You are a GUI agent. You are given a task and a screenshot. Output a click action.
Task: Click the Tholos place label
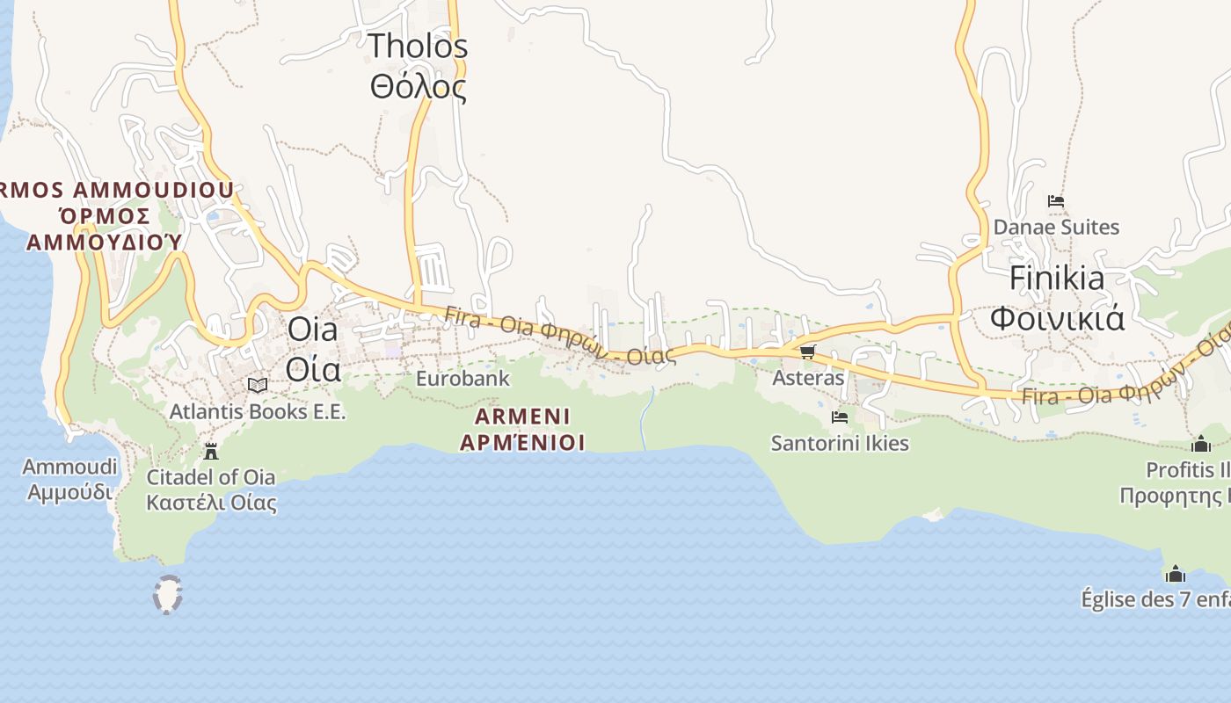coord(418,46)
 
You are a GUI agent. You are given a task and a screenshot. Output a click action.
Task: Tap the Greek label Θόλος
coord(418,87)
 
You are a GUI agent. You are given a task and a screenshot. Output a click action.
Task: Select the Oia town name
coord(313,330)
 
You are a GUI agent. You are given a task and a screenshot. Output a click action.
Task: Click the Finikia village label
coord(1057,278)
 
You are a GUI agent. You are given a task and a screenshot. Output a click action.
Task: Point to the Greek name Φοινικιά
coord(1057,317)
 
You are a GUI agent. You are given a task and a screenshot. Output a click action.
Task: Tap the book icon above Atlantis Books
coord(258,385)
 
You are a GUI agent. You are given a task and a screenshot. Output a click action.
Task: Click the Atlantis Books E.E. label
coord(258,411)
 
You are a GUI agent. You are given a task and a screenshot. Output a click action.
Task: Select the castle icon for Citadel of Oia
coord(211,452)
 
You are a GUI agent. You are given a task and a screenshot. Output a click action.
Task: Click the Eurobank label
coord(463,379)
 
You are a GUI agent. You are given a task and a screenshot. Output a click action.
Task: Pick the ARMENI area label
coord(522,416)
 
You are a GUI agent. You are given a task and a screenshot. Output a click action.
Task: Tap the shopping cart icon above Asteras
coord(807,352)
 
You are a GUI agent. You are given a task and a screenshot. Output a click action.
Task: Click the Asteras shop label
coord(808,378)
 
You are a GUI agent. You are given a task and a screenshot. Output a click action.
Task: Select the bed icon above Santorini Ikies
coord(840,417)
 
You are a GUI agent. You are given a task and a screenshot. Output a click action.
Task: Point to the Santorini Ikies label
coord(840,443)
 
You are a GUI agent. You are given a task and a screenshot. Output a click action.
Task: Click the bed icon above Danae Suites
coord(1056,201)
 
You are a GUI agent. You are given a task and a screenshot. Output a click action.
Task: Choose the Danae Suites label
coord(1056,227)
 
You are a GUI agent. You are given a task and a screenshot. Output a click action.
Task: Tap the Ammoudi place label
coord(69,467)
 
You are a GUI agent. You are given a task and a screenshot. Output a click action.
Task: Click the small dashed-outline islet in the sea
coord(167,594)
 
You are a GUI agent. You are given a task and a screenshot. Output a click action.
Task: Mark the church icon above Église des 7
coord(1176,575)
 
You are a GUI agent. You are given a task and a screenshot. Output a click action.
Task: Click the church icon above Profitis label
coord(1201,444)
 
